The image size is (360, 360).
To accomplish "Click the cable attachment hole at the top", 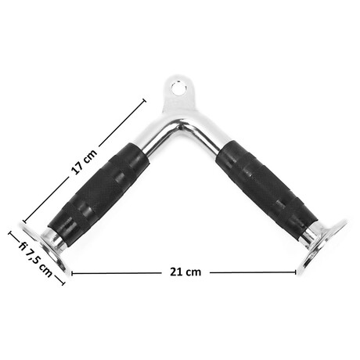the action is (x=178, y=88).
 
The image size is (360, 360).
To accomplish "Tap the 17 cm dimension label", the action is (x=85, y=161).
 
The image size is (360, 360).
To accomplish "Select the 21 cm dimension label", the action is (x=185, y=272).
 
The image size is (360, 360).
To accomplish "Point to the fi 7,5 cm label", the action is (x=36, y=259).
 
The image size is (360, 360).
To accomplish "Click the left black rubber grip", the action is (x=99, y=193).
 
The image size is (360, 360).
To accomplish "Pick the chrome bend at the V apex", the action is (x=180, y=125).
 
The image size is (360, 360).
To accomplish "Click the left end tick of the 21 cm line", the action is (x=72, y=273).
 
